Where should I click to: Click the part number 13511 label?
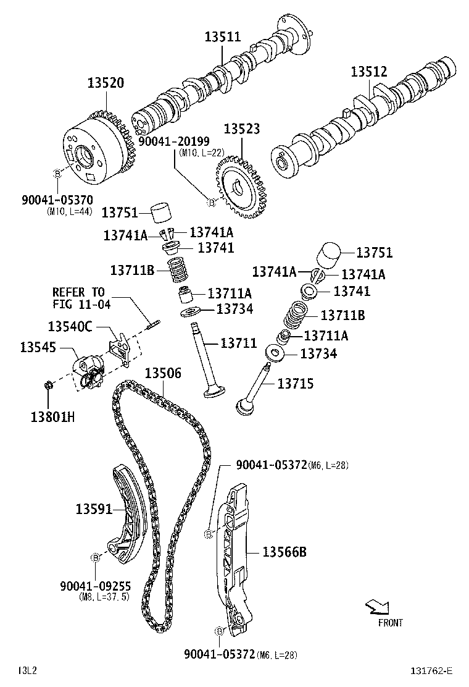(223, 37)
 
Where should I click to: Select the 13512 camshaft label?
(369, 71)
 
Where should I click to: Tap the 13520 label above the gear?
(105, 83)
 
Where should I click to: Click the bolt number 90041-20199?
(173, 141)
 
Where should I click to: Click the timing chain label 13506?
(163, 373)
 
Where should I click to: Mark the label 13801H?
(52, 416)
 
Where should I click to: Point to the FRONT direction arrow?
(376, 608)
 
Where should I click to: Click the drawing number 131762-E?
(432, 670)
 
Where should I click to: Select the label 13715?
(295, 384)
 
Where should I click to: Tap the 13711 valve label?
(238, 343)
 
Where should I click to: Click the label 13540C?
(70, 326)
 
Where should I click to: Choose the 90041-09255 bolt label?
(95, 586)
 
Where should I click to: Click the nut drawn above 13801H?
(50, 386)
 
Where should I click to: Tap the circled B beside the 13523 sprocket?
(211, 202)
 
